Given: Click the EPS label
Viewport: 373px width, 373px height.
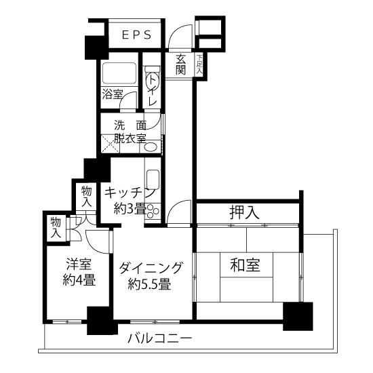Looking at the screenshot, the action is coord(136,35).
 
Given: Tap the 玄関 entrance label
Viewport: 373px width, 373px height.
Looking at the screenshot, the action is coord(180,64).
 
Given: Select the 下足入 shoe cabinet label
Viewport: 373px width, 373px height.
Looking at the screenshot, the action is coord(199,64).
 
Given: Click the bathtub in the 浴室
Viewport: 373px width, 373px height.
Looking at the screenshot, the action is coord(119,73).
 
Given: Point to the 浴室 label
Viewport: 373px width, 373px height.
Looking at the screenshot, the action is coord(113,94).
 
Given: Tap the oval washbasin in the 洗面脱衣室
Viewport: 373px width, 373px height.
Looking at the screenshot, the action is coord(151,147).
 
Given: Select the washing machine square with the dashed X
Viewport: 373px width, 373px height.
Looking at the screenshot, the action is coord(110,144).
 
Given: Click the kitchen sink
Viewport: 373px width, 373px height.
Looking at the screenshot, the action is coord(153,179).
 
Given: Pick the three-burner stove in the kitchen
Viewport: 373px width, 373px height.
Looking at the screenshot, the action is coord(153,211).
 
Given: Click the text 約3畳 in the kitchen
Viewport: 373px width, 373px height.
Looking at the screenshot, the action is coord(130,208).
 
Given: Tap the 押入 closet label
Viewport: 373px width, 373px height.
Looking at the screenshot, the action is coord(244,212).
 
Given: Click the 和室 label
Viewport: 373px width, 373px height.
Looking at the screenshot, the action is coord(246,264).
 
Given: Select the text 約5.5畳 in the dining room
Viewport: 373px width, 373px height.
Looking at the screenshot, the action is coord(149,283).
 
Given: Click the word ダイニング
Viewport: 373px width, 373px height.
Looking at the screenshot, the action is coord(151,268).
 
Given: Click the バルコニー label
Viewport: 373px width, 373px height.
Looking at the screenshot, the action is coord(159,338).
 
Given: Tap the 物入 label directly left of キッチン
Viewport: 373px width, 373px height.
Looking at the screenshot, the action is coord(86,196).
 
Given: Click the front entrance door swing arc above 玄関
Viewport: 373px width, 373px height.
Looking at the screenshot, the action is coord(180,36).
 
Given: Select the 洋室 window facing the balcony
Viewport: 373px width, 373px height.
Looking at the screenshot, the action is coord(67,322).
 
